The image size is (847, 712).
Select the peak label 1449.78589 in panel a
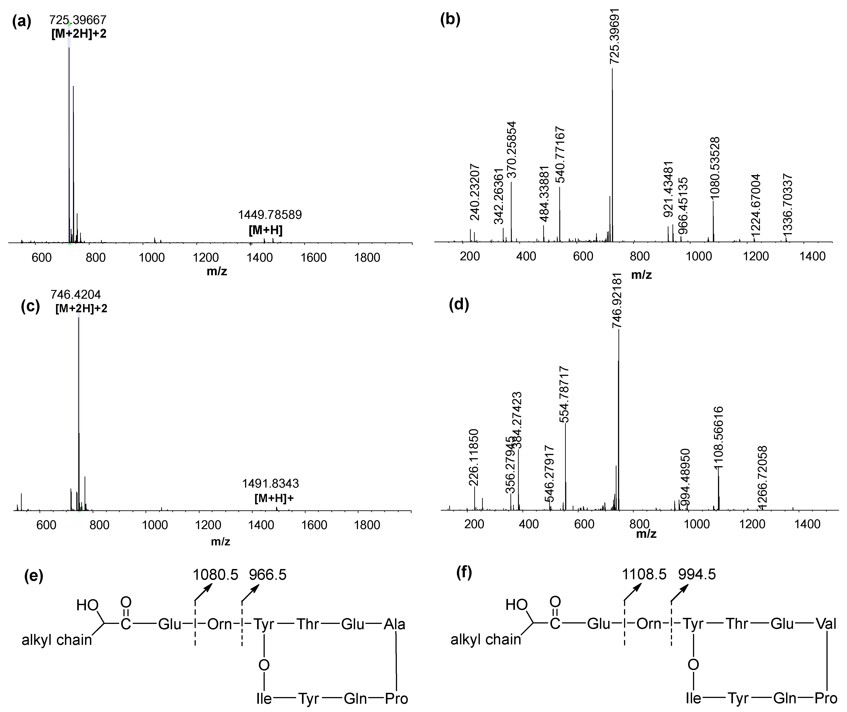click(270, 215)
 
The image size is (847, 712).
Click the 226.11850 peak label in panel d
click(474, 457)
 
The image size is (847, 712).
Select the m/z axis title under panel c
click(221, 541)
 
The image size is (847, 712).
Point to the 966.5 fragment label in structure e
click(267, 575)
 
